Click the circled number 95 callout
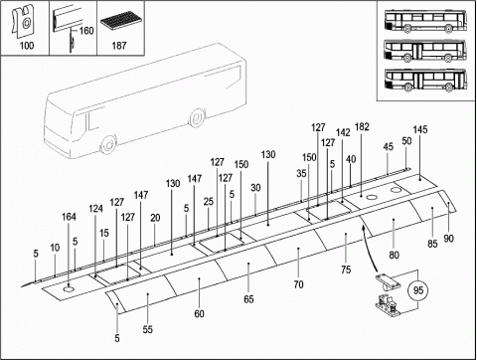pos(418,290)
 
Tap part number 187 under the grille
pos(119,46)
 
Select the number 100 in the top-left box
pos(27,46)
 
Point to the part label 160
pos(86,31)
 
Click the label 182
pos(362,127)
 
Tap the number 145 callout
pos(420,129)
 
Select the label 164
pos(69,217)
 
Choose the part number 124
pos(95,209)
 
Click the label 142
pos(343,132)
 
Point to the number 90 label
pos(448,239)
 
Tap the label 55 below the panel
pos(148,329)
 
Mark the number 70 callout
pos(298,284)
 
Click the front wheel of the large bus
pos(107,144)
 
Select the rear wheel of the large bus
pos(196,117)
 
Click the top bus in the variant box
pos(425,21)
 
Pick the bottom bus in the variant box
pos(425,80)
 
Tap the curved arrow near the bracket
pos(369,247)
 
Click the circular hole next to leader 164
pos(69,290)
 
